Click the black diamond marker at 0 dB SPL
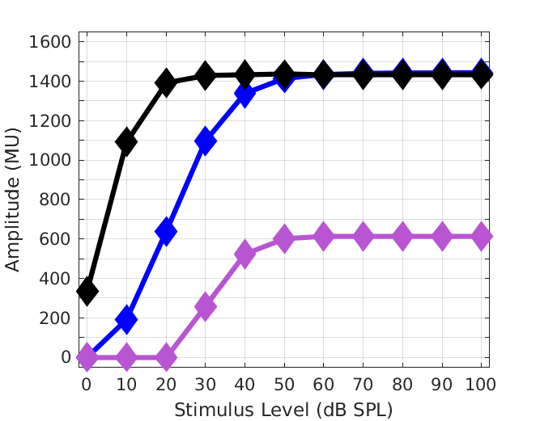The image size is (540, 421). (87, 291)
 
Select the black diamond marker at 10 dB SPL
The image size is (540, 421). (126, 141)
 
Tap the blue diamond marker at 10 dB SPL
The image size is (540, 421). (126, 319)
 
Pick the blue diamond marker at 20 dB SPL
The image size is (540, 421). (166, 231)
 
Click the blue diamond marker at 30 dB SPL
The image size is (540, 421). (206, 141)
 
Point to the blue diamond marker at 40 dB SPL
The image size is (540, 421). (244, 95)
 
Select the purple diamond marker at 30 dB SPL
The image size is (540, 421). (206, 306)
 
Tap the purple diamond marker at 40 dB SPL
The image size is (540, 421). (244, 254)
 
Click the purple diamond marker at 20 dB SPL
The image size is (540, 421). (166, 356)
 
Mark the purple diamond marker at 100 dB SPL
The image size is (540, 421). (482, 237)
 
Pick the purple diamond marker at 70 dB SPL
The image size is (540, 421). (364, 237)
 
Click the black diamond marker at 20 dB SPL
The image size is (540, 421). (166, 82)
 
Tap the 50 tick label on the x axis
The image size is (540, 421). (284, 385)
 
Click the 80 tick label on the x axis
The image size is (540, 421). (402, 385)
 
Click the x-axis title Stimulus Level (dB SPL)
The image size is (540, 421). (284, 410)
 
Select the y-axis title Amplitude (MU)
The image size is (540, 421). (14, 199)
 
